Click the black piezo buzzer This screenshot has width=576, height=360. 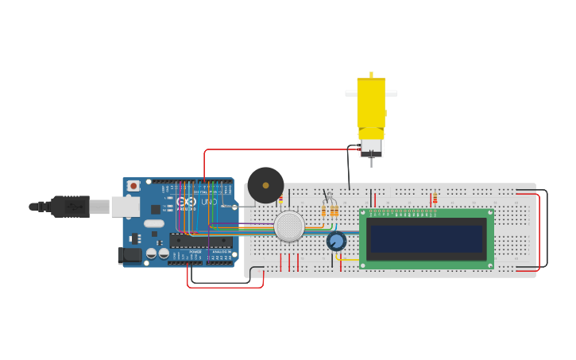(265, 185)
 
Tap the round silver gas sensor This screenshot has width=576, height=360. (289, 226)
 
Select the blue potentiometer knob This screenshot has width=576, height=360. (336, 241)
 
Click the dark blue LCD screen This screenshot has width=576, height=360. (426, 238)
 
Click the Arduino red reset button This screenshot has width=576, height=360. (133, 186)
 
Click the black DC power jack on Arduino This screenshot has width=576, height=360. (130, 255)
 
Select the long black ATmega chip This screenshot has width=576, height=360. (201, 241)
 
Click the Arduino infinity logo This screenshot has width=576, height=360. (187, 202)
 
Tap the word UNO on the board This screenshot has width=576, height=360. (208, 202)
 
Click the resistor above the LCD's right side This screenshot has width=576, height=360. (435, 198)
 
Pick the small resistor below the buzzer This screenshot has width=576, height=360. (280, 199)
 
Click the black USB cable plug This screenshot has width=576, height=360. (71, 207)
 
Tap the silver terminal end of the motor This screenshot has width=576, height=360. (371, 148)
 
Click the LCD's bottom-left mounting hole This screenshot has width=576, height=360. (363, 265)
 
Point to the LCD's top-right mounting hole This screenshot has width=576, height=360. (490, 212)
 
